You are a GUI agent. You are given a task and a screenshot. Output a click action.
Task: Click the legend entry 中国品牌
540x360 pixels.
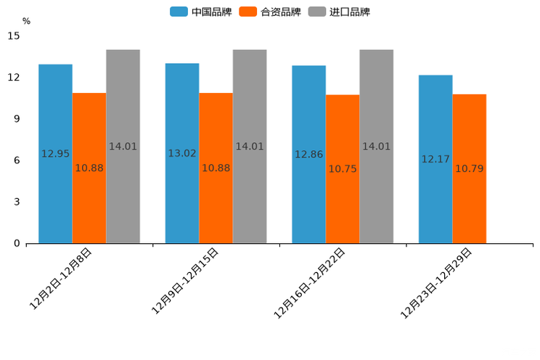click(201, 12)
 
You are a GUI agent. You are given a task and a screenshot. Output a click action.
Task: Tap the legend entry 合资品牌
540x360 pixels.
click(270, 12)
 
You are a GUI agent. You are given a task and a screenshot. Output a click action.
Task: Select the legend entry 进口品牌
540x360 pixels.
click(339, 12)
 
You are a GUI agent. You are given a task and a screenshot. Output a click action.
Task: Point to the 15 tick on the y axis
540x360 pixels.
click(15, 36)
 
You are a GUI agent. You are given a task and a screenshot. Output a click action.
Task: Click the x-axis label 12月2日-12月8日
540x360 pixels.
click(61, 279)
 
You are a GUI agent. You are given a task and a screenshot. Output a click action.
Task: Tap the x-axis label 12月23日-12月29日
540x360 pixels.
click(437, 282)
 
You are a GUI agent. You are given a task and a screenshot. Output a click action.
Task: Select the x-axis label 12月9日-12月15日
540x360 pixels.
click(185, 281)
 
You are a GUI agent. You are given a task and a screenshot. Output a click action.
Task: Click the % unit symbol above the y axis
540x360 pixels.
click(26, 21)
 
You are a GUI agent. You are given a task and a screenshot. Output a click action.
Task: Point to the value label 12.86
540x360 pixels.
click(308, 155)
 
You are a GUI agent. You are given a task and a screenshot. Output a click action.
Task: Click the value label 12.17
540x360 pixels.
click(435, 159)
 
